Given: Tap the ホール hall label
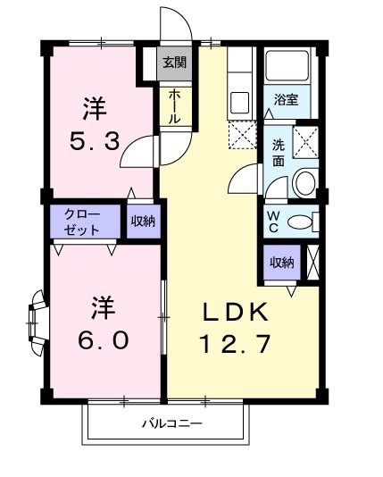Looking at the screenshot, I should point(173,106).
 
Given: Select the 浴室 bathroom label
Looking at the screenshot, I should point(286,101).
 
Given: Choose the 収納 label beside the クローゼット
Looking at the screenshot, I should point(143,221).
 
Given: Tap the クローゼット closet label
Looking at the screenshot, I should point(81,222).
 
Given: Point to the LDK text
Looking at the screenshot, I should point(236,313).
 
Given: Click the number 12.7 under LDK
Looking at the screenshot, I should point(235,344).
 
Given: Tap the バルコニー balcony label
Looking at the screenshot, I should point(170,423).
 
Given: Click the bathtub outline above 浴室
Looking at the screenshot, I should point(286,66).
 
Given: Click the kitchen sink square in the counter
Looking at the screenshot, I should point(240,102).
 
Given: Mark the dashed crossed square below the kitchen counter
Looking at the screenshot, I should point(241,137).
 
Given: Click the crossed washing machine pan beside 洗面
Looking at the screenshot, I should point(305,141).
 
